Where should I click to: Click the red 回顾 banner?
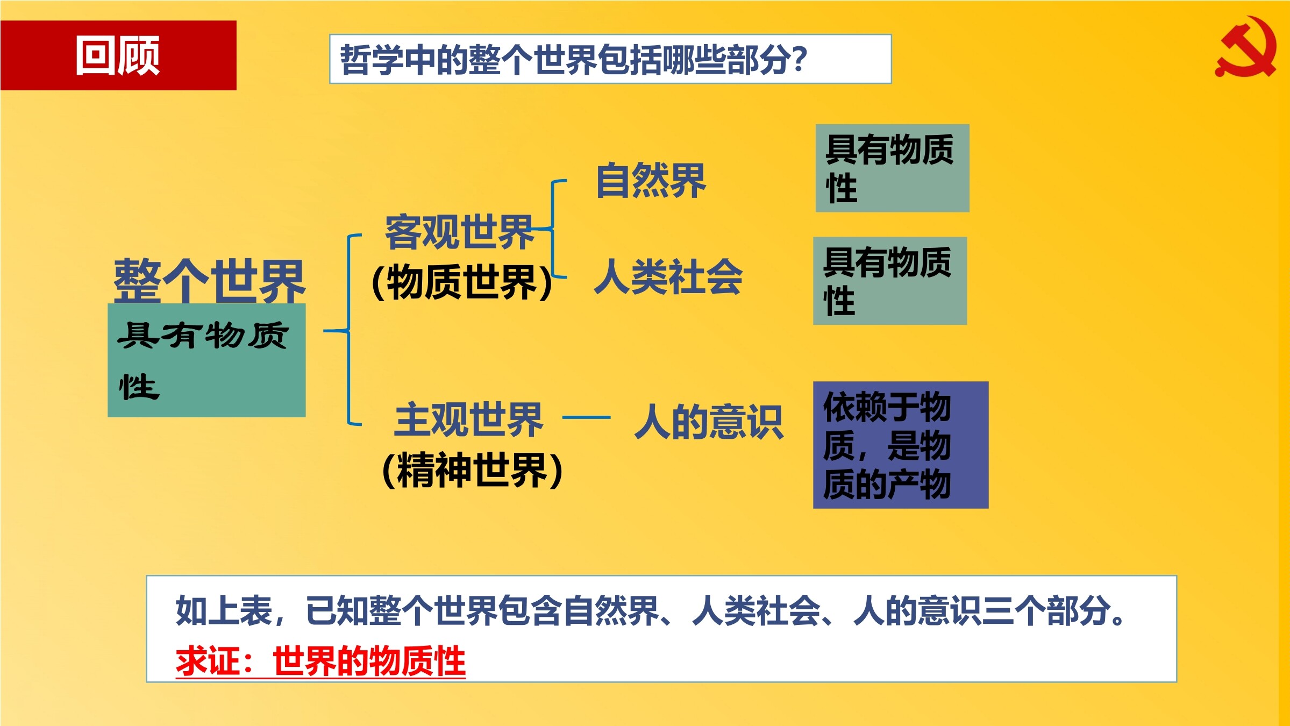[118, 55]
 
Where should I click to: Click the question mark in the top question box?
[800, 59]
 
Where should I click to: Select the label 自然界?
[651, 181]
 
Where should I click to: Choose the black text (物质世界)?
[462, 282]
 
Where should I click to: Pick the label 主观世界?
[468, 420]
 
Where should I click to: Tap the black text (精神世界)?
[472, 470]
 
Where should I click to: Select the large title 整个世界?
[209, 281]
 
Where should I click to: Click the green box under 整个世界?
[206, 360]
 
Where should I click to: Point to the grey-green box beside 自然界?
[893, 168]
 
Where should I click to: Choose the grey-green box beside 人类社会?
[890, 281]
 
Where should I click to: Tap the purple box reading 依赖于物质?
[901, 445]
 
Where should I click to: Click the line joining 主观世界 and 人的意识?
[586, 417]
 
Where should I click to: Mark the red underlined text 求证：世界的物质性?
[320, 661]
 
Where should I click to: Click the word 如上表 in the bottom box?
[224, 611]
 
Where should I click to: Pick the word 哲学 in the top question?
[372, 59]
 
